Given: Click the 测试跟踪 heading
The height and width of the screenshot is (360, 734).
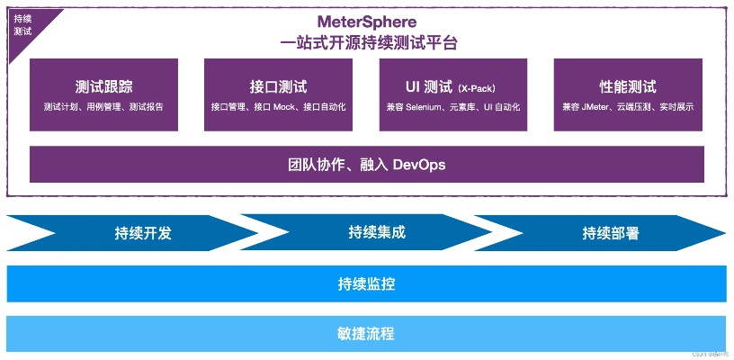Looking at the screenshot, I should click(103, 87).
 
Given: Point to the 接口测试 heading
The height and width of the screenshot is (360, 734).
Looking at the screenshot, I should click(278, 87).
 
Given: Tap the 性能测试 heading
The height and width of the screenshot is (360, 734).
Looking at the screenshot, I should click(628, 87).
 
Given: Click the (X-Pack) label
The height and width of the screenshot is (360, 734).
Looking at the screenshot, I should click(477, 88).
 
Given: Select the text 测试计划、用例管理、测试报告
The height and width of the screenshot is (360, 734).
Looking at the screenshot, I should click(103, 107).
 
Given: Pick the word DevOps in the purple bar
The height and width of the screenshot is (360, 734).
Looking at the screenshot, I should click(419, 165).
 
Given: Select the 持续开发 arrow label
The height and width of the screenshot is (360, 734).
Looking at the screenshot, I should click(143, 233).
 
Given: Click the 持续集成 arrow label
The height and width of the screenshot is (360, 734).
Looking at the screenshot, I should click(377, 232).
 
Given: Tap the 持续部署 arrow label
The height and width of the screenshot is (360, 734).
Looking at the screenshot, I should click(611, 233).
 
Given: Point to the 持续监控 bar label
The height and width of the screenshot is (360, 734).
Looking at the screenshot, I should click(366, 284).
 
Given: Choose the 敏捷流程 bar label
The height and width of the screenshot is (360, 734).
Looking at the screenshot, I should click(366, 334).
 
